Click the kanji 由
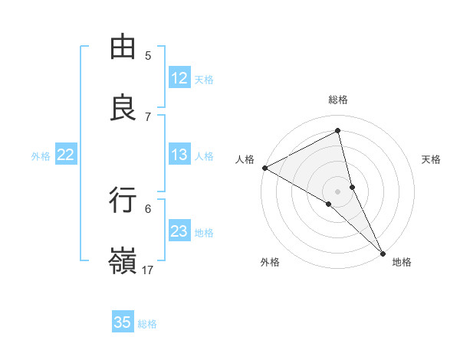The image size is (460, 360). pos(123,47)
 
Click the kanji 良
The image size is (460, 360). pos(123,108)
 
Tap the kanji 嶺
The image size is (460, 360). pos(123,260)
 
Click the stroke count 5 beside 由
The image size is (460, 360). pos(148,56)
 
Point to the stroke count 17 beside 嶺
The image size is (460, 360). pos(148,270)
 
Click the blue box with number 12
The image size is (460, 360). pos(179,78)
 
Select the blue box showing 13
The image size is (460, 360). pos(179,155)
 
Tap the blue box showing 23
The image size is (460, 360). pos(179,231)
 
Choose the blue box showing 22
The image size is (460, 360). pos(66,155)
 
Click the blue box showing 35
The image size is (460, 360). pos(123,322)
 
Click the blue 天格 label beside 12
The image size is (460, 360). pos(204,80)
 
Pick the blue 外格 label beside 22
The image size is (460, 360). pos(41,156)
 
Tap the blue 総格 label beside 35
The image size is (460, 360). pos(147,324)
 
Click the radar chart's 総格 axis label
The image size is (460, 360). pos(338,100)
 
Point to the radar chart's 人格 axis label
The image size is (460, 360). pos(245,159)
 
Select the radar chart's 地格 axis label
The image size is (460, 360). pos(402,262)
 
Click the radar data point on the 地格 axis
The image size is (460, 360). pos(383,251)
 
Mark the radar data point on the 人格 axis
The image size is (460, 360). pos(264,167)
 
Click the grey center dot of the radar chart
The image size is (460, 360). pos(338,191)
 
